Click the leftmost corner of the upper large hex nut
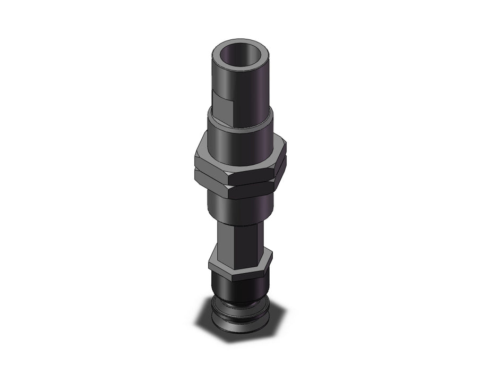point(195,155)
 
